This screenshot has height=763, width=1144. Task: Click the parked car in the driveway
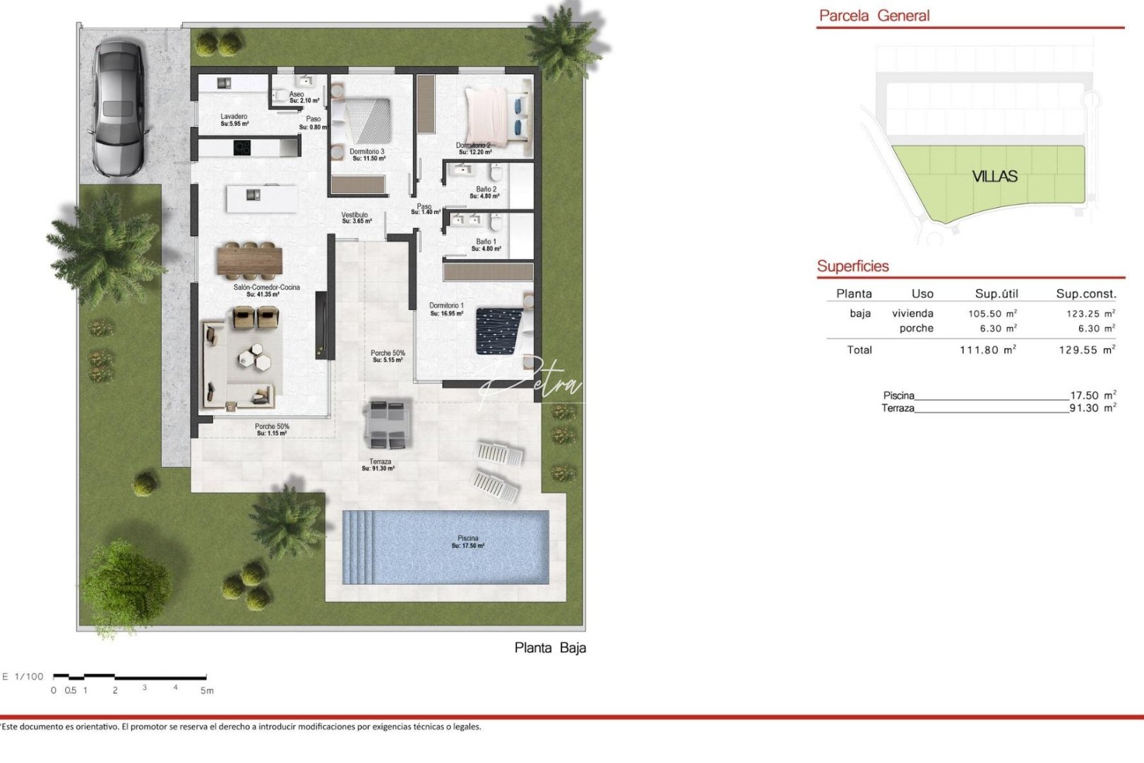(x=118, y=108)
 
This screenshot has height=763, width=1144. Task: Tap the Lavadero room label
(x=234, y=119)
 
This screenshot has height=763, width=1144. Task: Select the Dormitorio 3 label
(x=367, y=155)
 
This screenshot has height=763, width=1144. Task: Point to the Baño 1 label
(x=486, y=244)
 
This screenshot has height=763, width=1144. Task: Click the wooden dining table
(x=249, y=259)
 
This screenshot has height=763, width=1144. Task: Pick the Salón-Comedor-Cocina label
(x=266, y=290)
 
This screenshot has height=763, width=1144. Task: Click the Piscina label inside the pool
(x=467, y=542)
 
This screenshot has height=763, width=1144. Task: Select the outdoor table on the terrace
(x=387, y=424)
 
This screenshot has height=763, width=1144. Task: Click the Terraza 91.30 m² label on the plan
(x=379, y=464)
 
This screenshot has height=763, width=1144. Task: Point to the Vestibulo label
(x=354, y=218)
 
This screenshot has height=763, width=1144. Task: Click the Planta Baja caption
(x=550, y=648)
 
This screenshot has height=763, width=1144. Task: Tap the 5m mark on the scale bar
(x=206, y=690)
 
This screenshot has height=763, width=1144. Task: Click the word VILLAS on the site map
(x=994, y=177)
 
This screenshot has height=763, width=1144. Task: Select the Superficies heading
(x=852, y=266)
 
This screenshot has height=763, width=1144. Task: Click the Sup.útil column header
(x=996, y=294)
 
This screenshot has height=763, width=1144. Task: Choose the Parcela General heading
(x=874, y=16)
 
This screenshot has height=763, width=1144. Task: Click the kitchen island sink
(x=253, y=196)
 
